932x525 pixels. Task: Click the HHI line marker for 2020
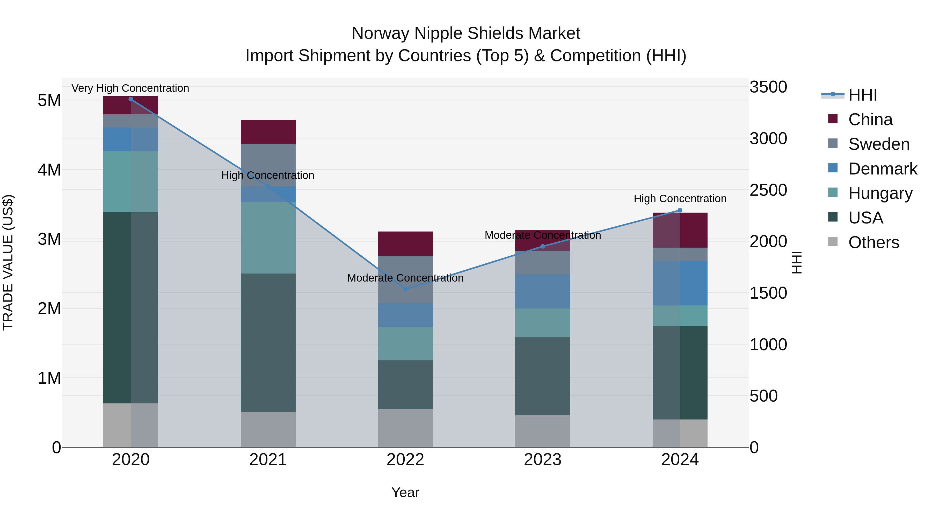[x=131, y=99]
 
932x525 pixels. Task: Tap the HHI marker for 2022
[x=405, y=289]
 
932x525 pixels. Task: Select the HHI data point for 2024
[x=680, y=210]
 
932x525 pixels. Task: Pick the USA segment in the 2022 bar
[x=405, y=384]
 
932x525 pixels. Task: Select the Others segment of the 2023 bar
[x=542, y=431]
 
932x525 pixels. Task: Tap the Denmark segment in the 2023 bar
[x=542, y=291]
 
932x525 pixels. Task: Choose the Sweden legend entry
[x=878, y=144]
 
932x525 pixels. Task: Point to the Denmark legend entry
[x=882, y=169]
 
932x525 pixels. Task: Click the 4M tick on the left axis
[x=49, y=170]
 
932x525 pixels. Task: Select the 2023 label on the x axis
[x=542, y=460]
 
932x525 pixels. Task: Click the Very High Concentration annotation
[x=130, y=88]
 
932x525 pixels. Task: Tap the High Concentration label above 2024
[x=680, y=199]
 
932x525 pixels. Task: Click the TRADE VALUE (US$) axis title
[x=8, y=262]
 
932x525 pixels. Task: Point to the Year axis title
[x=405, y=492]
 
